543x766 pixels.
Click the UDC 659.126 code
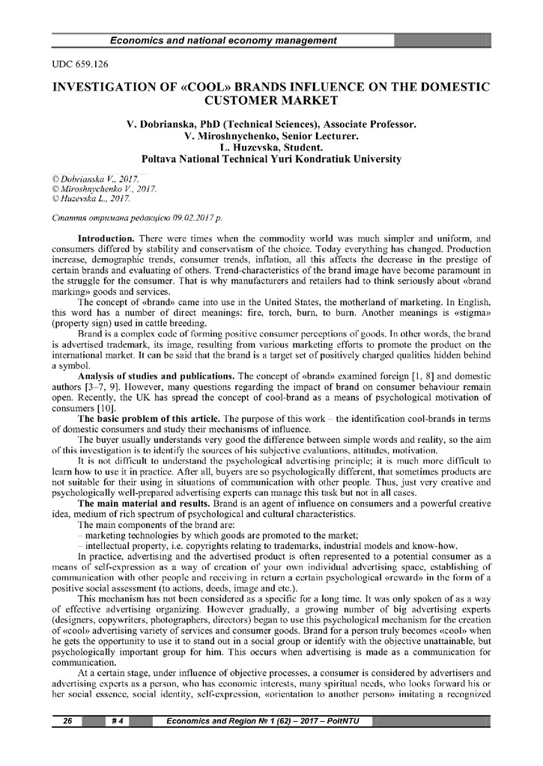[77, 65]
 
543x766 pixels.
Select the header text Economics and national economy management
[222, 40]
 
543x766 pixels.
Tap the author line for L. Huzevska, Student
[271, 148]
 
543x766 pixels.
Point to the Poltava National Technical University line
[271, 159]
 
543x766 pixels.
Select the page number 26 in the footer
[67, 720]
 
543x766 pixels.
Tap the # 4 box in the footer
[118, 720]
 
